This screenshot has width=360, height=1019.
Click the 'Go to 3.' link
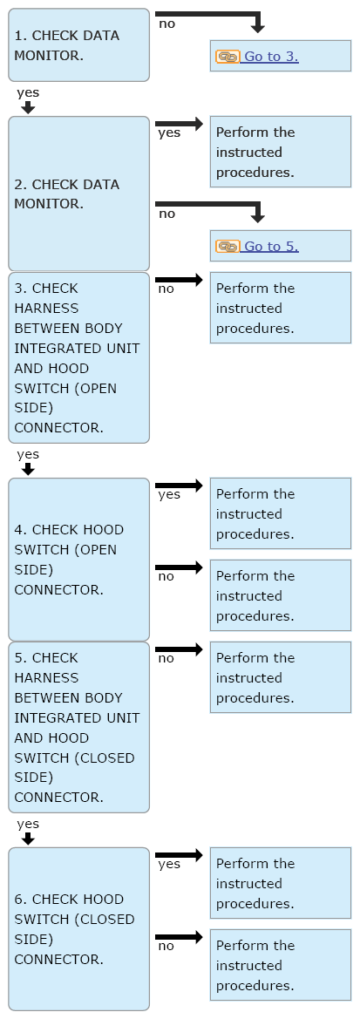[x=271, y=57]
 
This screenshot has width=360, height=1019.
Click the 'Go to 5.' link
[x=271, y=247]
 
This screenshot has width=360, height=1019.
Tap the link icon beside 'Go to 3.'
[x=228, y=57]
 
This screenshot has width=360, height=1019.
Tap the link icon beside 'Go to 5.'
[x=228, y=247]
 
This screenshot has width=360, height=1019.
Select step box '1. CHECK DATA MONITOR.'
[x=78, y=44]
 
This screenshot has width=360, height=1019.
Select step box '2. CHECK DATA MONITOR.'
[x=78, y=194]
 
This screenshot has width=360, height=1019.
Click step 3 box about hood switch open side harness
[x=78, y=357]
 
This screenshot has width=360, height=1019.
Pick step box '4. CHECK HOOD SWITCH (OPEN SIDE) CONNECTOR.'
[x=78, y=560]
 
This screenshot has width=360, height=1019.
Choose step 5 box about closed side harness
[x=78, y=727]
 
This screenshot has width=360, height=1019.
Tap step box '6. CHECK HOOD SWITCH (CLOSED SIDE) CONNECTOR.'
[x=78, y=928]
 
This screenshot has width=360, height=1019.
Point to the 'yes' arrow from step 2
[x=180, y=124]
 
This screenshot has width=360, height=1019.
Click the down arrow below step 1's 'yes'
[x=27, y=107]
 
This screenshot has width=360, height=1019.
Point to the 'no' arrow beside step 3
[x=180, y=280]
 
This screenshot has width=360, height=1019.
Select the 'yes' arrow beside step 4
[x=180, y=486]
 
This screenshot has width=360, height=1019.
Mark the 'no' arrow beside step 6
[x=180, y=937]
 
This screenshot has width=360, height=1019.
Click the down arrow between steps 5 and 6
[x=27, y=839]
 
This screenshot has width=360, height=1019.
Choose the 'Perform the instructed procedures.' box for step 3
[x=280, y=308]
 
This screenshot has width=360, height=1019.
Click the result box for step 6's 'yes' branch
[x=280, y=882]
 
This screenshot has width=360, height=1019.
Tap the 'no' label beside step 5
[x=166, y=658]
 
